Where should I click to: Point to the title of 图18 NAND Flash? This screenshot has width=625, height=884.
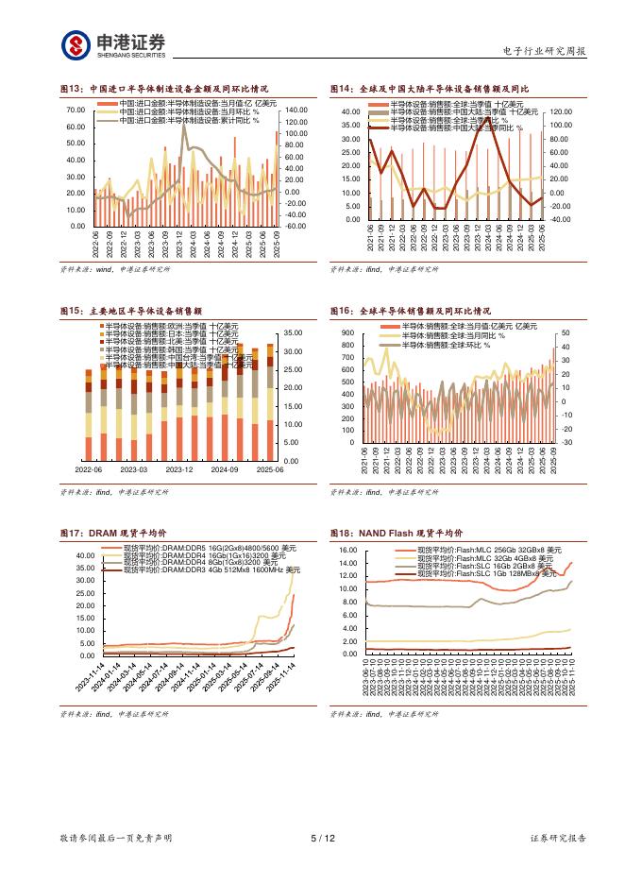(396, 533)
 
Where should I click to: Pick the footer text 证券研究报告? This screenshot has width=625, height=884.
(557, 838)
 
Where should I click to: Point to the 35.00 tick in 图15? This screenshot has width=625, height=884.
(291, 332)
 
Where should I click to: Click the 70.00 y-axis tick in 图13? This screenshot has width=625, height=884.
(76, 110)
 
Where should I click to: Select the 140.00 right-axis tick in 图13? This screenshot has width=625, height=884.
(296, 110)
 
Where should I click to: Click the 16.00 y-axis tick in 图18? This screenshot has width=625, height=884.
(346, 550)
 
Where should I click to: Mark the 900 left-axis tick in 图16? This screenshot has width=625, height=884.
(348, 333)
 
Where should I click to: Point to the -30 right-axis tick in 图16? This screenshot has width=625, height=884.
(566, 442)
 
